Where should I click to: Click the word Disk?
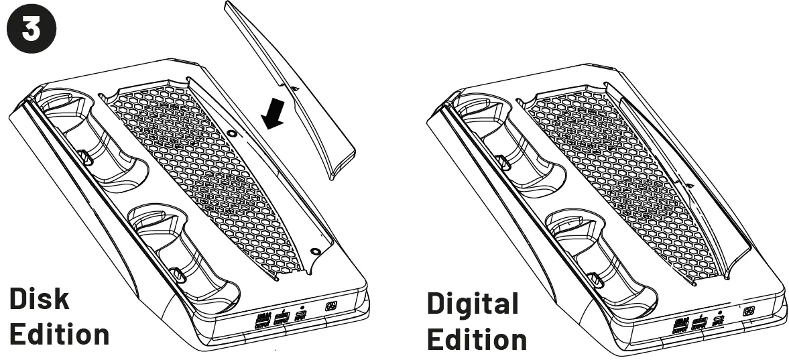point(40,300)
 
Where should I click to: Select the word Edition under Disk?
point(59,333)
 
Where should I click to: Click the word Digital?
point(473,304)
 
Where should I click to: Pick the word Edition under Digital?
point(477,339)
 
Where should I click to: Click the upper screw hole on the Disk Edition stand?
point(232,134)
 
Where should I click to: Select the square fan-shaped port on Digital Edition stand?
point(750,312)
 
